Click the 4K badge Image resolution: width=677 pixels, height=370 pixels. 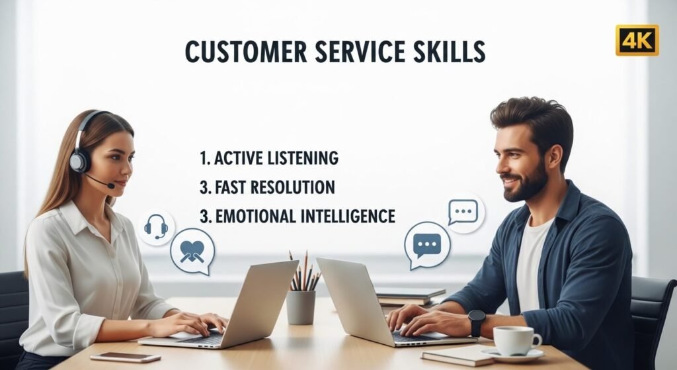pyautogui.click(x=637, y=40)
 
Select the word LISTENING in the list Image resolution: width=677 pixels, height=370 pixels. pyautogui.click(x=303, y=159)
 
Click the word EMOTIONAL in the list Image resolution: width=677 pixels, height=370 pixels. pyautogui.click(x=259, y=216)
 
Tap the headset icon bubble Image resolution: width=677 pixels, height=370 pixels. pyautogui.click(x=156, y=227)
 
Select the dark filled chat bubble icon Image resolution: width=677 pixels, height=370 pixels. pyautogui.click(x=426, y=245)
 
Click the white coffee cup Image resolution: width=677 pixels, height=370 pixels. pyautogui.click(x=516, y=340)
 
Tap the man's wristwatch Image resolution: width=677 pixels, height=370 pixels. pyautogui.click(x=477, y=322)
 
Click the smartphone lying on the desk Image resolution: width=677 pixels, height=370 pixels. pyautogui.click(x=125, y=357)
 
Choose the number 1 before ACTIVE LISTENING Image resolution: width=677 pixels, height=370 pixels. pyautogui.click(x=204, y=159)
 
